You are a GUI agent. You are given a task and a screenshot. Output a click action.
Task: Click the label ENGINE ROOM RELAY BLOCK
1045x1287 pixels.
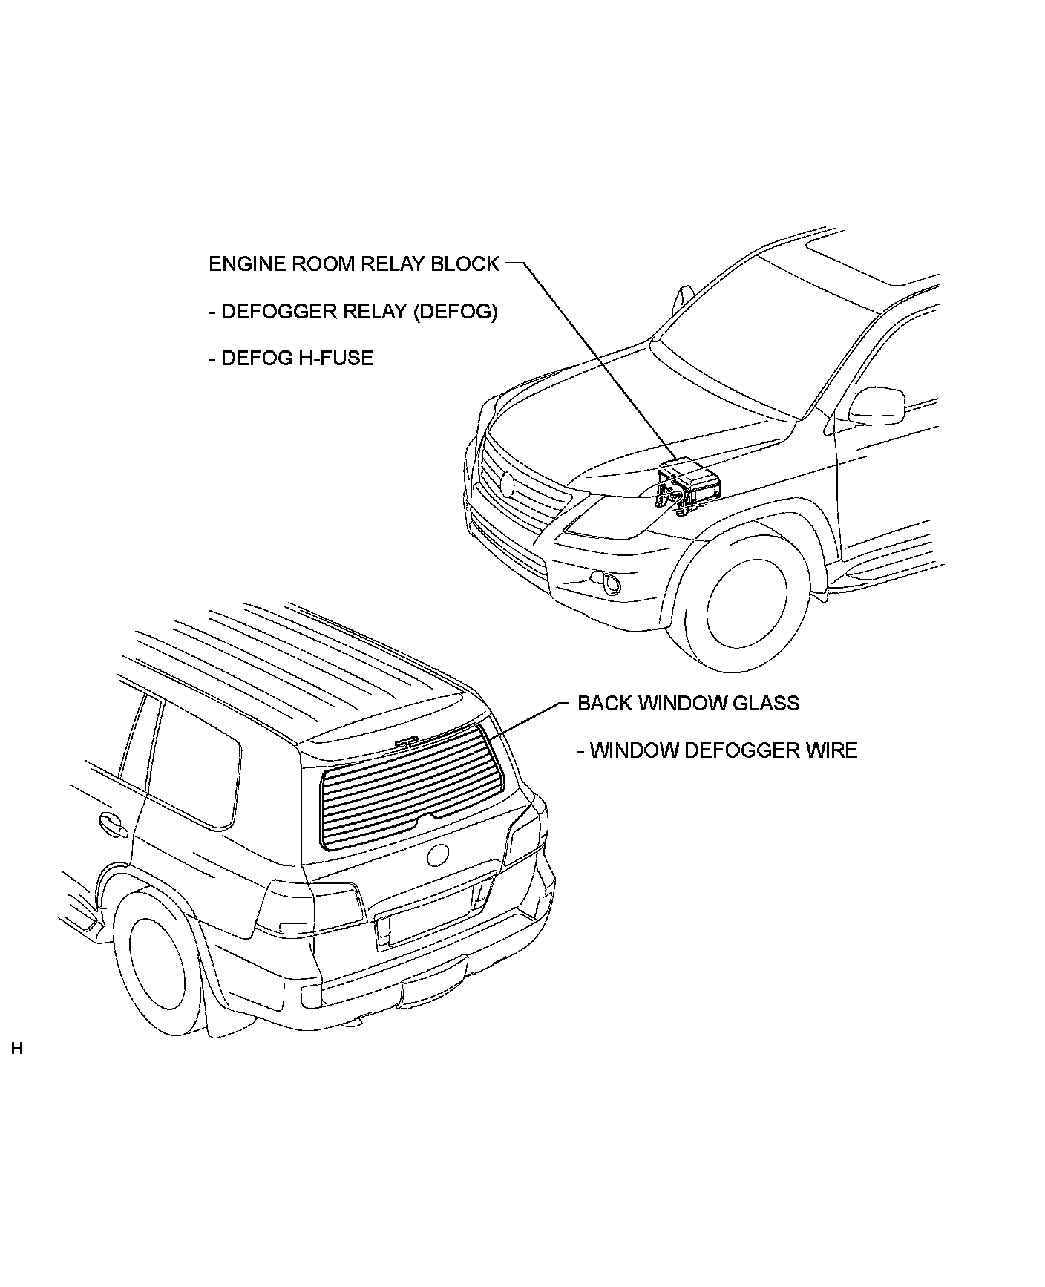click(354, 264)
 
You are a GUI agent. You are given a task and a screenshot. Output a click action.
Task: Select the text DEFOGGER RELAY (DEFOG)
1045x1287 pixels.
click(353, 311)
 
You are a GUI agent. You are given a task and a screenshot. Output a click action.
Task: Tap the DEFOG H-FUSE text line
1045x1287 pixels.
click(291, 358)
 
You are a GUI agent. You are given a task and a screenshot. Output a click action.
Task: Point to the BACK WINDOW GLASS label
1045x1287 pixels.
click(688, 703)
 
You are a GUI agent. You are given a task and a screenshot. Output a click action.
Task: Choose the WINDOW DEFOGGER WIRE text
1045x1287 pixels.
click(717, 750)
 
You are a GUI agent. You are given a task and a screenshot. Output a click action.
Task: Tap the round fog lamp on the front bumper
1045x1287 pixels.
click(612, 585)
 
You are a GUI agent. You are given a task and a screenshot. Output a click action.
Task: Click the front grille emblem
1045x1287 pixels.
click(508, 484)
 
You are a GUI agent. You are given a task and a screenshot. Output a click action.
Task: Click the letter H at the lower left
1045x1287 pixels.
click(16, 1049)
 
